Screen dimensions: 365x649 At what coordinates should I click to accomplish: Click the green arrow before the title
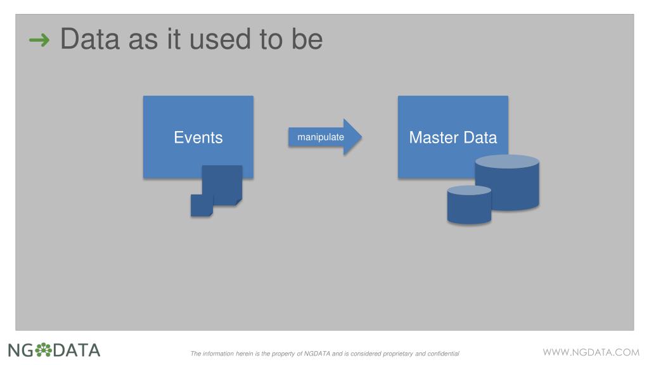click(x=39, y=41)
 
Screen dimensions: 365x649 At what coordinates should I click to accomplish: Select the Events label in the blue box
click(x=198, y=138)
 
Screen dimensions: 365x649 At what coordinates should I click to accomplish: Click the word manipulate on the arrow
click(x=321, y=137)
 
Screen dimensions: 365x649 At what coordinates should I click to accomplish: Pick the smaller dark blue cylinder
click(x=469, y=206)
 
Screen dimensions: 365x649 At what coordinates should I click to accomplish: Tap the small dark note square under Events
click(x=202, y=205)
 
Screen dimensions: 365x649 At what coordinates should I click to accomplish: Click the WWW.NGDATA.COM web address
click(x=591, y=351)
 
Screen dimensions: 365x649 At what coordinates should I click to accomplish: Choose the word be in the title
click(x=307, y=40)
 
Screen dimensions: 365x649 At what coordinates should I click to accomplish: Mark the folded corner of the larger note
click(x=238, y=202)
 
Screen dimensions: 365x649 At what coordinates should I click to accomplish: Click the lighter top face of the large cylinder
click(x=507, y=162)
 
